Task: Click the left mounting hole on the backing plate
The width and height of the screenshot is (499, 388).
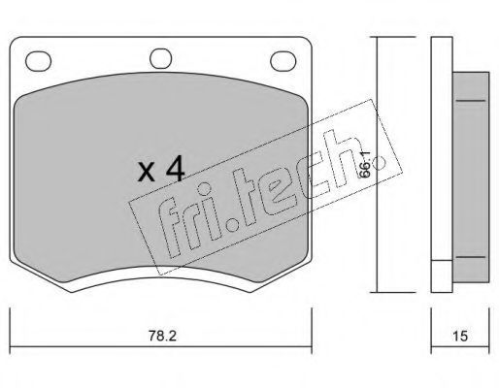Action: [38, 61]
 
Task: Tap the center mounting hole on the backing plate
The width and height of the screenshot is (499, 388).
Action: [160, 58]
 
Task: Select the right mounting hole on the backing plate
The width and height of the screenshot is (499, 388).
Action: [283, 61]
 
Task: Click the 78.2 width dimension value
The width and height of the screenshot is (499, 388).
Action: [162, 336]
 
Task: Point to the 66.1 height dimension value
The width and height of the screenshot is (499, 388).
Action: [365, 164]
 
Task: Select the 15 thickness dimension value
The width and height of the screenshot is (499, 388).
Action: [460, 337]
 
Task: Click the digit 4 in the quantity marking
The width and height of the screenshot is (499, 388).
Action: [175, 171]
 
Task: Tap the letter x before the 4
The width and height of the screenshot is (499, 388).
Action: [146, 173]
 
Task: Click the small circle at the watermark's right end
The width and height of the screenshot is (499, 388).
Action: [379, 163]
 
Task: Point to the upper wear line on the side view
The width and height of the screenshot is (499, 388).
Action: [471, 101]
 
